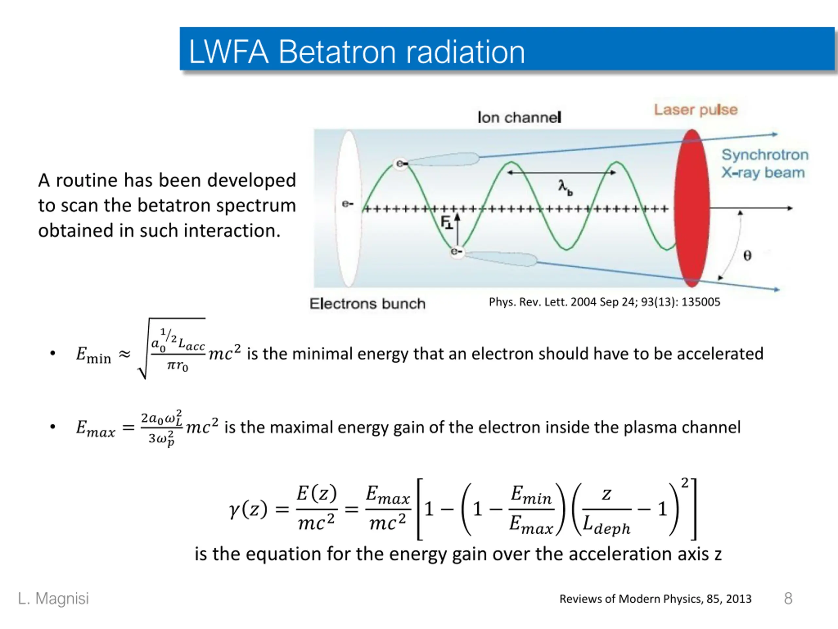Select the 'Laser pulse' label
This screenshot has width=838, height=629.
pos(696,110)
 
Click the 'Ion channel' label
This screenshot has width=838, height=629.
pos(519,118)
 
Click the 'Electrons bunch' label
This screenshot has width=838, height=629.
pos(367,304)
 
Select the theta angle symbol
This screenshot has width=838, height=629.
pos(747,256)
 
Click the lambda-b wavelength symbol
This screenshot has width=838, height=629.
pos(564,187)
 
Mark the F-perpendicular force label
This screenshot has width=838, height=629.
pos(446,222)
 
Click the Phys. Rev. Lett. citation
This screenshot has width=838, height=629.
pos(604,302)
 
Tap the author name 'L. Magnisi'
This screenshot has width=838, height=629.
pos(53,598)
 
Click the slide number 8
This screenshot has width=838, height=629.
pos(788,598)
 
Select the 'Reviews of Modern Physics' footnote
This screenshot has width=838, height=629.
pos(655,599)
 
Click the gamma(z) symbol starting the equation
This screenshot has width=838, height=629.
pos(248,509)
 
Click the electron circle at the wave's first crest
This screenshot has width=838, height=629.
pos(400,164)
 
